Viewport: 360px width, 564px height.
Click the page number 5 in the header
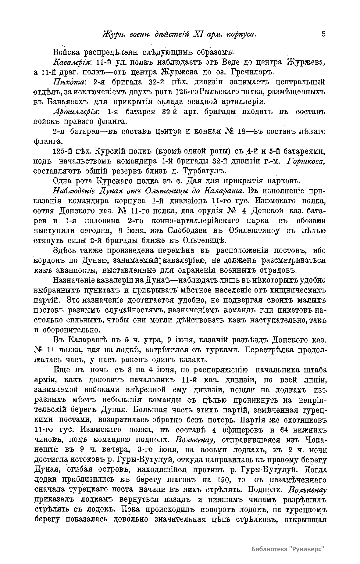click(323, 34)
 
